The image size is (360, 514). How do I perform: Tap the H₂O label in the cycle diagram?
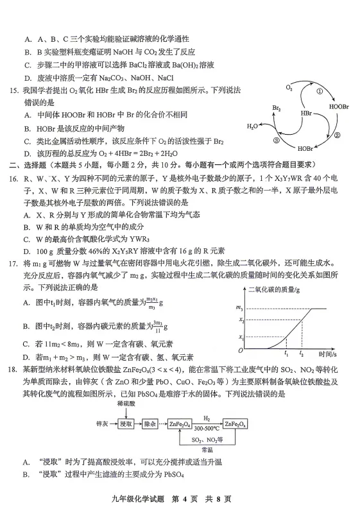pyautogui.click(x=253, y=126)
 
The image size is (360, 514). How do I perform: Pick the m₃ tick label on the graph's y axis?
pyautogui.click(x=240, y=309)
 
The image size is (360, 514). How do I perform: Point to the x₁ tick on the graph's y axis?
pyautogui.click(x=241, y=337)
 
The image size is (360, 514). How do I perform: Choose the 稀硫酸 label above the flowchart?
pyautogui.click(x=126, y=405)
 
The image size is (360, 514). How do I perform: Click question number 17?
pyautogui.click(x=12, y=263)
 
